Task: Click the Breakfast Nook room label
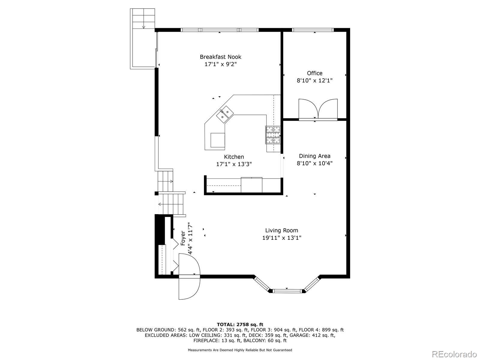coord(220,57)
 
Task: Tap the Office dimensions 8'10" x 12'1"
coord(314,81)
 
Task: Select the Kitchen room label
coord(234,157)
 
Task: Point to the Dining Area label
coord(314,156)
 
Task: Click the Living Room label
coord(282,230)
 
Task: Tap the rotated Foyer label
coord(183,238)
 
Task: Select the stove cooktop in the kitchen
coord(273,135)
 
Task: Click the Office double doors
coord(318,109)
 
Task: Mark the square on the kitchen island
coord(217,140)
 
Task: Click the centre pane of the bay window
coord(287,291)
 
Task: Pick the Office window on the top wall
coord(313,30)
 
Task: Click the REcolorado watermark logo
coord(454,354)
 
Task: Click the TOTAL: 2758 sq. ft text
coord(240,324)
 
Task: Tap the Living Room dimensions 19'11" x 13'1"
coord(282,238)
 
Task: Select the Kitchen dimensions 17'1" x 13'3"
coord(234,164)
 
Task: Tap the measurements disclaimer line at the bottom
coord(240,350)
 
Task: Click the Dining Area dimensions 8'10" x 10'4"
coord(314,163)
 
